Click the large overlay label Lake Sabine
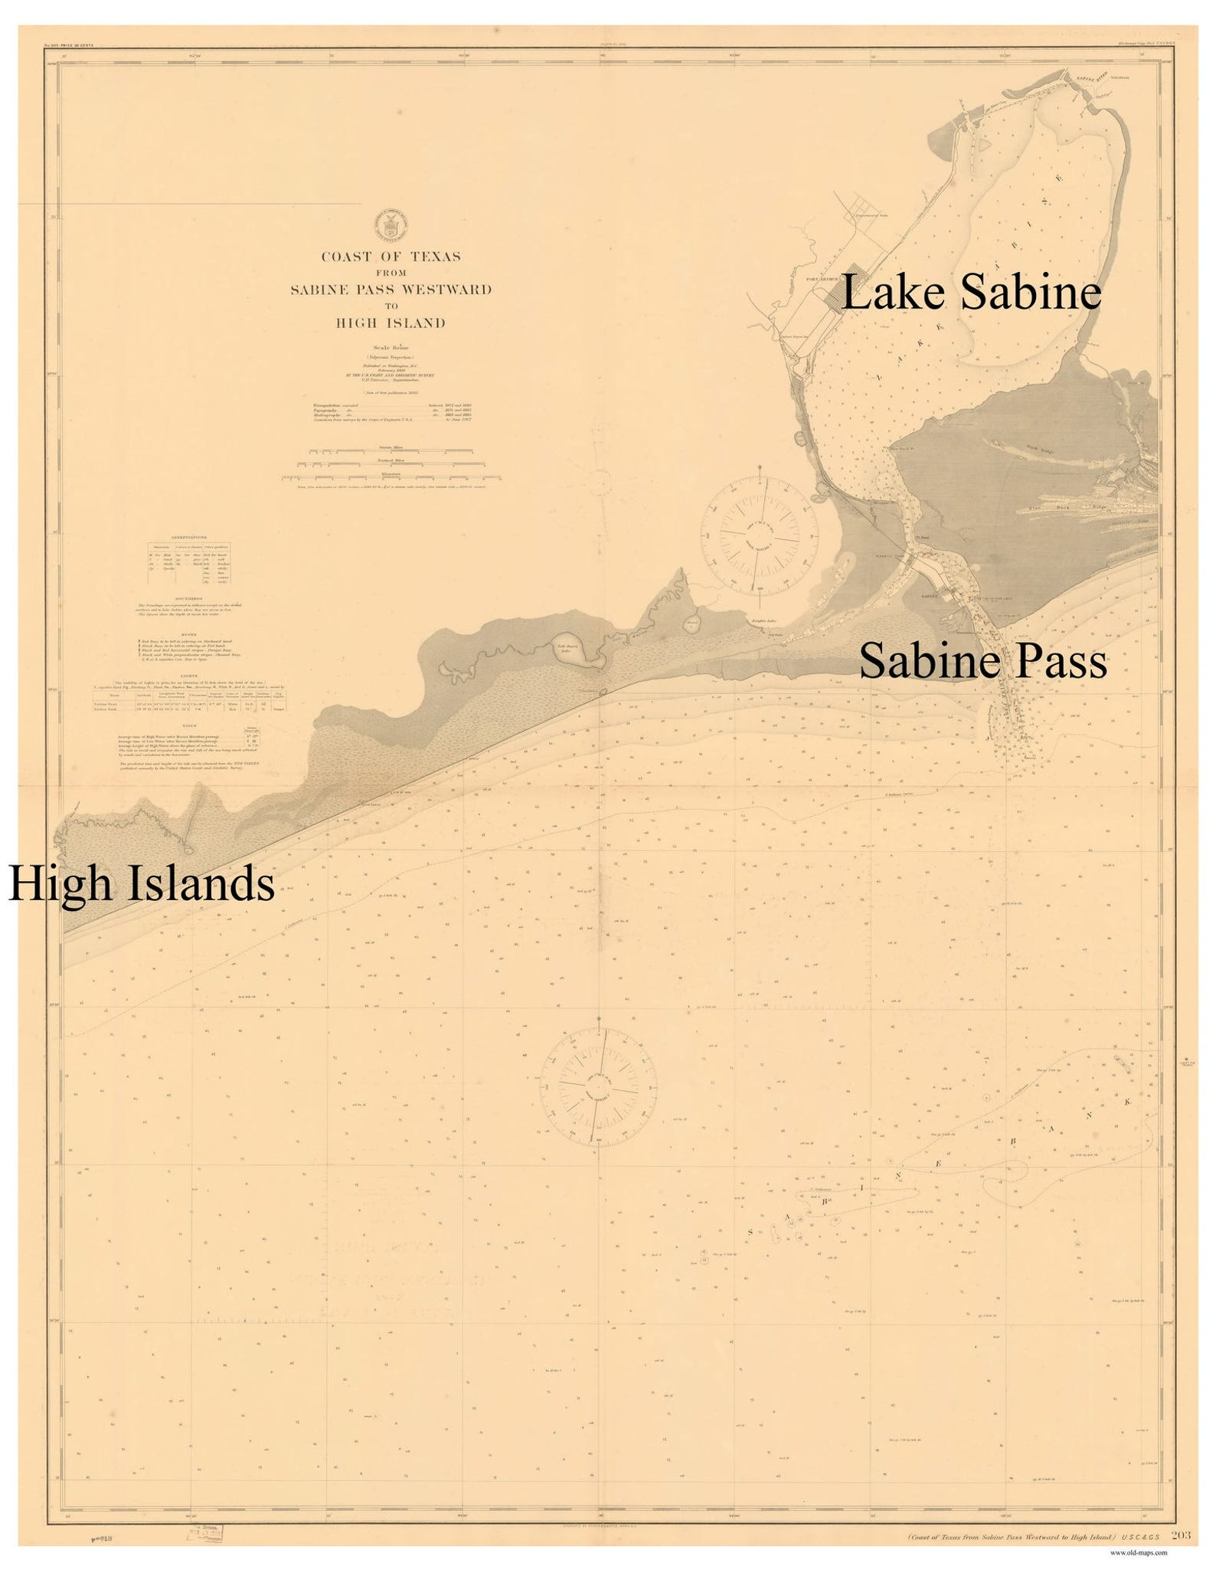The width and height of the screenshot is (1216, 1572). coord(971,294)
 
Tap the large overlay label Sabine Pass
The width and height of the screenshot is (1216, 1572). coord(982,662)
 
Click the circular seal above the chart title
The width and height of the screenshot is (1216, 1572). coord(390,226)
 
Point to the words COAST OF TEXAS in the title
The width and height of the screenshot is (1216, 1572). coord(391,257)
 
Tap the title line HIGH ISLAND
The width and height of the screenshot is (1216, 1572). coord(391,323)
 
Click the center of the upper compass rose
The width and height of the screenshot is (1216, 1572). coord(760,534)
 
